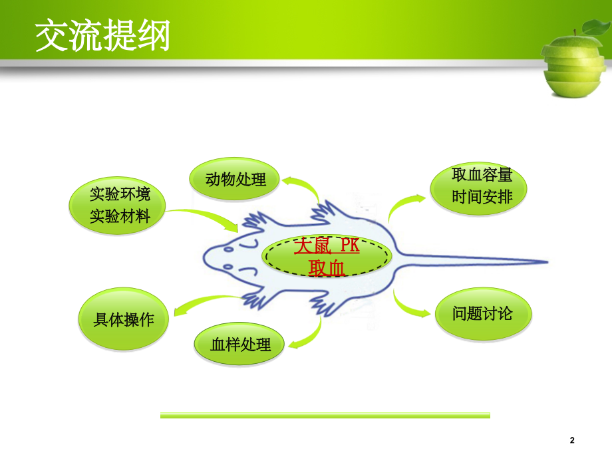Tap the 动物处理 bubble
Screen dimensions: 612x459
tap(235, 179)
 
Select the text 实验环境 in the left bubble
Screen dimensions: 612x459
tap(120, 194)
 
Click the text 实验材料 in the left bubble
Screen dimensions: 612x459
tap(120, 216)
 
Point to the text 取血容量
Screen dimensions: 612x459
tap(482, 176)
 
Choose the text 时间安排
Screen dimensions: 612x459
tap(482, 198)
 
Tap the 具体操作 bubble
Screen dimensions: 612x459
tap(124, 319)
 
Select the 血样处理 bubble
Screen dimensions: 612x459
tap(240, 345)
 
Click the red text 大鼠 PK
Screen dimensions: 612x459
tap(326, 246)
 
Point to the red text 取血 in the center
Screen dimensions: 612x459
tap(326, 268)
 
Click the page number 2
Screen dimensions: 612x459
tap(572, 440)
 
